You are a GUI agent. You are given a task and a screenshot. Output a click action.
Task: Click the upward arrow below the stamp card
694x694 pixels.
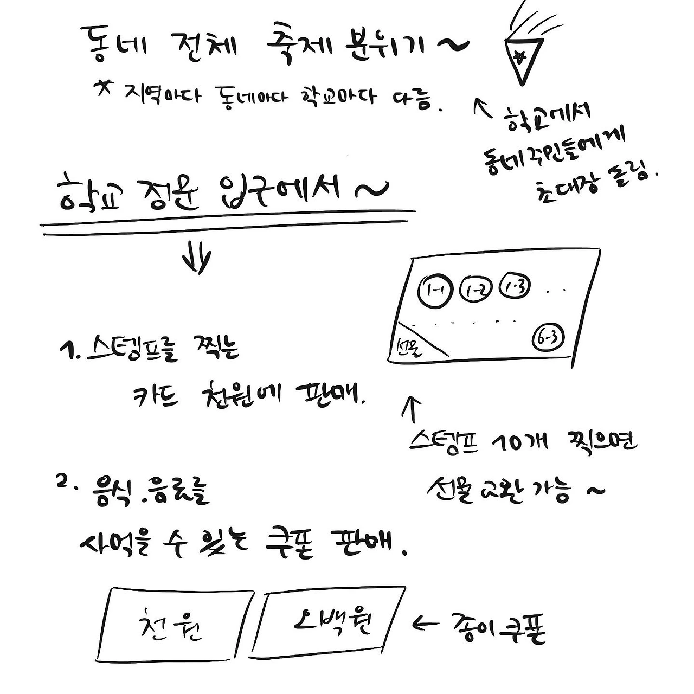point(411,410)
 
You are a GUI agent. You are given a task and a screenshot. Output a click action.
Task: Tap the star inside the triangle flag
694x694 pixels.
point(519,56)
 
